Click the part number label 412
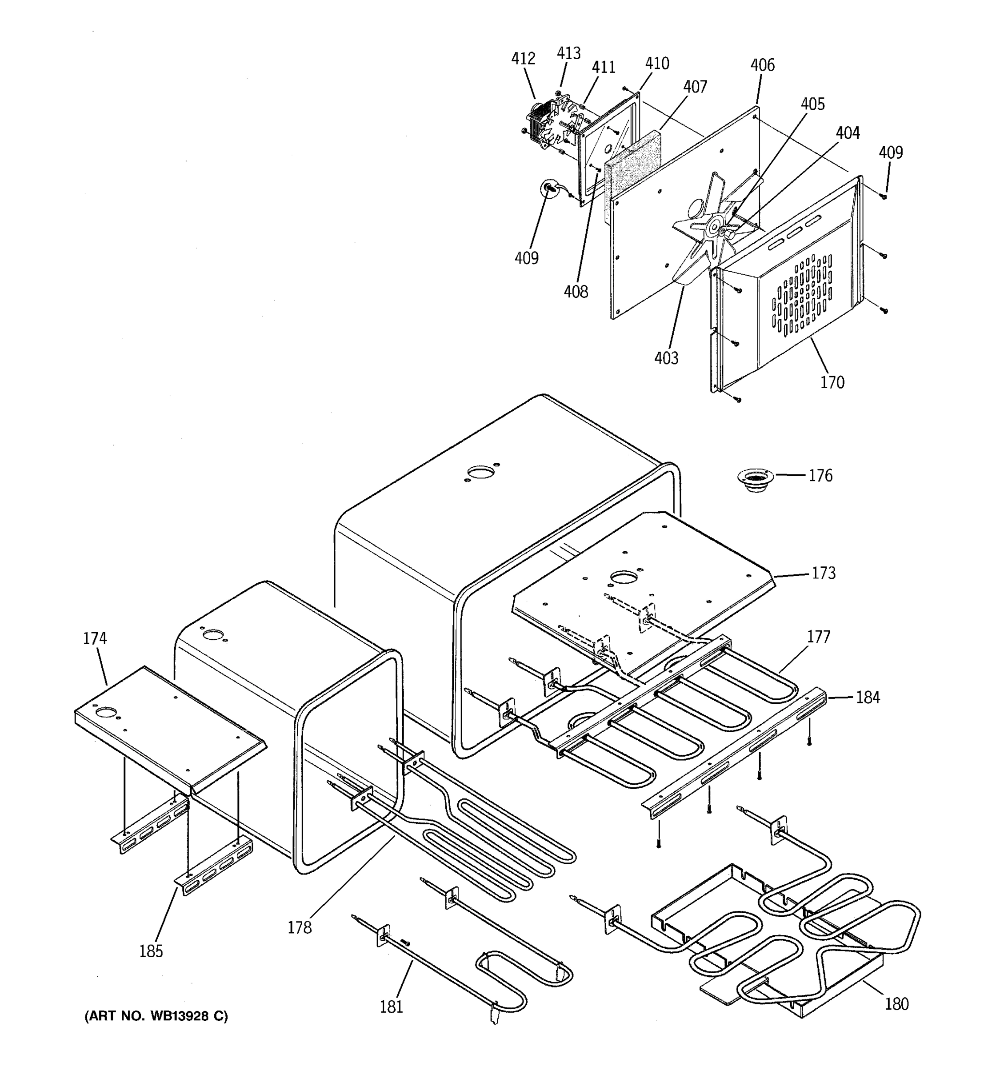click(523, 59)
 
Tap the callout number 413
click(568, 53)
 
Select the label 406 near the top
click(762, 65)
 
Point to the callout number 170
click(832, 383)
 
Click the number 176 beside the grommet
click(820, 476)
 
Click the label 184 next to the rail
click(868, 697)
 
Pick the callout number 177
click(818, 637)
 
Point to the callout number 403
click(666, 358)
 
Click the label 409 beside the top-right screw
click(891, 152)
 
